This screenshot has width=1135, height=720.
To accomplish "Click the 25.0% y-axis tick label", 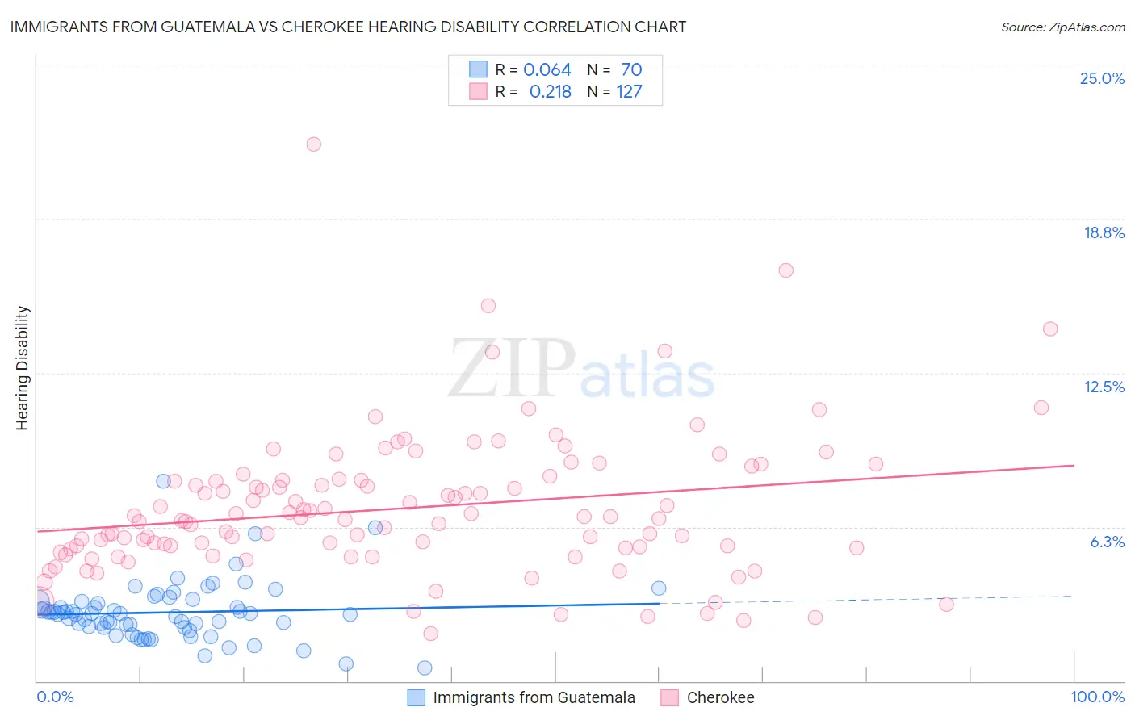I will pyautogui.click(x=1102, y=78).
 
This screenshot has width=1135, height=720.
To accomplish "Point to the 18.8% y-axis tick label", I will pyautogui.click(x=1104, y=232).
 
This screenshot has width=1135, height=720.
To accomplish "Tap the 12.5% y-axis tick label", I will pyautogui.click(x=1104, y=387).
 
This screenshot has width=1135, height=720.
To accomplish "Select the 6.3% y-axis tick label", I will pyautogui.click(x=1107, y=542).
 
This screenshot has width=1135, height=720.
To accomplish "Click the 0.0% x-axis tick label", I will pyautogui.click(x=55, y=697).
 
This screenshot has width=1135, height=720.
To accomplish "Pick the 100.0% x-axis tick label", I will pyautogui.click(x=1097, y=697).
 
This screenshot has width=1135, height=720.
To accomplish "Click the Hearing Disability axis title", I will pyautogui.click(x=23, y=367).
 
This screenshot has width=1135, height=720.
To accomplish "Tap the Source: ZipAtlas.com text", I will pyautogui.click(x=1062, y=27).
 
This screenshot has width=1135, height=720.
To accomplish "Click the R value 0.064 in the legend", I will pyautogui.click(x=547, y=69).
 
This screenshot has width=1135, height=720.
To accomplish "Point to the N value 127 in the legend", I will pyautogui.click(x=629, y=91).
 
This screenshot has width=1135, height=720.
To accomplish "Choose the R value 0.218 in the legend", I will pyautogui.click(x=550, y=91).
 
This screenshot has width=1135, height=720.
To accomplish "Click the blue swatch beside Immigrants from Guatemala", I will pyautogui.click(x=416, y=697).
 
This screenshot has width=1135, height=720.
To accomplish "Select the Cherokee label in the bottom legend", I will pyautogui.click(x=720, y=697).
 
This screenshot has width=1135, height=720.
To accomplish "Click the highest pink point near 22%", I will pyautogui.click(x=313, y=144).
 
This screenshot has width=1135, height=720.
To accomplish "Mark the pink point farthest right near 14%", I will pyautogui.click(x=1049, y=329).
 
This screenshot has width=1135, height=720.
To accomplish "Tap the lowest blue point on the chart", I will pyautogui.click(x=425, y=668).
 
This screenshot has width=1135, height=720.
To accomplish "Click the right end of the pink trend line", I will pyautogui.click(x=1073, y=466).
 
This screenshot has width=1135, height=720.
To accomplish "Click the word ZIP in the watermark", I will pyautogui.click(x=510, y=369).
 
